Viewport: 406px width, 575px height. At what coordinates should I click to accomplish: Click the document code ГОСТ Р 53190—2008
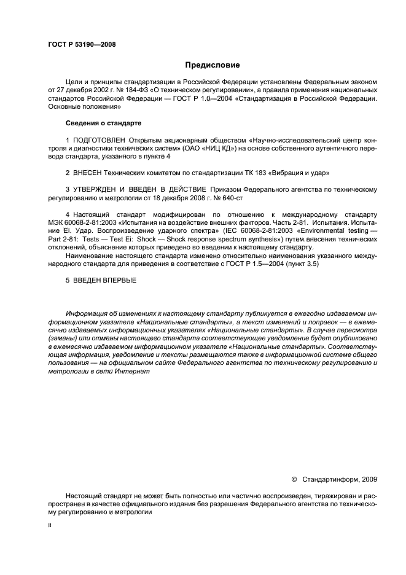(82, 44)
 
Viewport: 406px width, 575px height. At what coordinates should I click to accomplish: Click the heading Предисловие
(213, 65)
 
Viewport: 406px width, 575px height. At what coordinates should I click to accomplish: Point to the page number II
(50, 526)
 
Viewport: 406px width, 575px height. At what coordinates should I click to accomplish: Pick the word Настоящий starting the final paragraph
(85, 494)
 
